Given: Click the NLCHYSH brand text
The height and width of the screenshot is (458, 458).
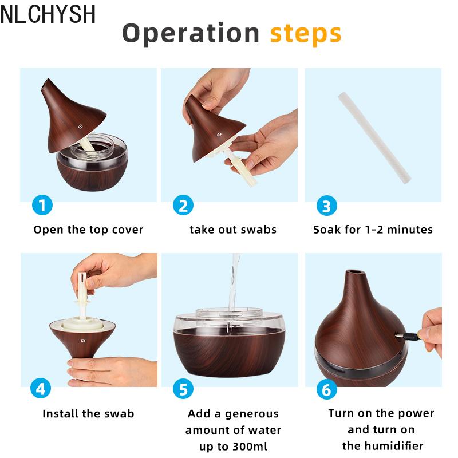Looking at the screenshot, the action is [x=48, y=14].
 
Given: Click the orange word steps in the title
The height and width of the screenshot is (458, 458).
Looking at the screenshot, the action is [x=306, y=34].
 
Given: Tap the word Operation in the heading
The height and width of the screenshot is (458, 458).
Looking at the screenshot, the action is [x=191, y=34].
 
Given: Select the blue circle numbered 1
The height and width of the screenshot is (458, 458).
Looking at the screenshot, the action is [x=42, y=205].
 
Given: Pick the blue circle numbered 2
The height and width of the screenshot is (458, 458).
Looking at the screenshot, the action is [x=183, y=206].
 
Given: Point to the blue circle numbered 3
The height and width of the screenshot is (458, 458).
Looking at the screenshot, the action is [x=327, y=206].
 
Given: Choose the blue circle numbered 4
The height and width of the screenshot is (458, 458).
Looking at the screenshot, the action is [x=41, y=388].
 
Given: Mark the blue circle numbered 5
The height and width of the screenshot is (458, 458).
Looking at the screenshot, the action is [x=183, y=389].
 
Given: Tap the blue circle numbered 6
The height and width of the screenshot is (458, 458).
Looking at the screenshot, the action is [x=327, y=389].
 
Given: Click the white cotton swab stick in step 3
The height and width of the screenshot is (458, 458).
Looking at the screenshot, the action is [x=374, y=138].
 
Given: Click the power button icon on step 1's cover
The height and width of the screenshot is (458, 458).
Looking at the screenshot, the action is [x=80, y=127].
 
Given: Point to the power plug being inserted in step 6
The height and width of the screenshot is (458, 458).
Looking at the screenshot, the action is [x=409, y=336].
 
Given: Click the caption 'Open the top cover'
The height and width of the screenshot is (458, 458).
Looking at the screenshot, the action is [x=89, y=230].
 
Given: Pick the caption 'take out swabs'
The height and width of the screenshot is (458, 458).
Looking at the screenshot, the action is [x=233, y=230].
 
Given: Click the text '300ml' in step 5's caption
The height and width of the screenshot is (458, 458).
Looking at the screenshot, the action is [x=250, y=447].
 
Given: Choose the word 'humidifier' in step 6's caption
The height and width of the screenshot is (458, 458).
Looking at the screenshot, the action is [x=394, y=446].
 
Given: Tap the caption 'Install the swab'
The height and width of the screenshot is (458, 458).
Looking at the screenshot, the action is [x=88, y=413].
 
